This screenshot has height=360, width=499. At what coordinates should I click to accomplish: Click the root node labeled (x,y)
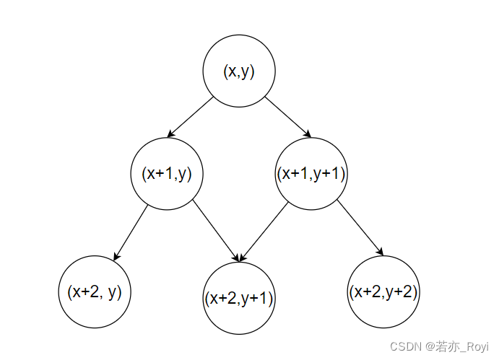point(239,71)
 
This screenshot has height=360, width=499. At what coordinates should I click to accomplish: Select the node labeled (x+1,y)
point(167,174)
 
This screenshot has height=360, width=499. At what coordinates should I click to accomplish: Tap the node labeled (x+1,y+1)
point(311,174)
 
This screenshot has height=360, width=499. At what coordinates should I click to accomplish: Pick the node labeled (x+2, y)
point(95,291)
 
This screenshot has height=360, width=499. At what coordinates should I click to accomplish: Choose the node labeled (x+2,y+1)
point(239,299)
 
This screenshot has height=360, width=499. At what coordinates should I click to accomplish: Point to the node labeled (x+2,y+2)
point(383,291)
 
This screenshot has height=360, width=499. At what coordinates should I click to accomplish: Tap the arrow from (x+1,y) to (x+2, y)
point(131,232)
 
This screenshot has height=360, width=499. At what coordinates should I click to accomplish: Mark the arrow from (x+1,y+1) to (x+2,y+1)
point(264,232)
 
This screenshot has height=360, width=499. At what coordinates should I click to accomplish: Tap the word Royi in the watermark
point(476,347)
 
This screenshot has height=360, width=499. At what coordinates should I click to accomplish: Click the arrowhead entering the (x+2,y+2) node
point(380,252)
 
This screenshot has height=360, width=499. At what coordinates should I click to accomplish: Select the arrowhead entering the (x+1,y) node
point(170,134)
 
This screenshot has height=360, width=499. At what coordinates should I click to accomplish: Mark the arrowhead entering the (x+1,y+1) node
point(308,134)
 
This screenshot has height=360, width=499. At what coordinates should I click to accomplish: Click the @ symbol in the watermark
point(430,347)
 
